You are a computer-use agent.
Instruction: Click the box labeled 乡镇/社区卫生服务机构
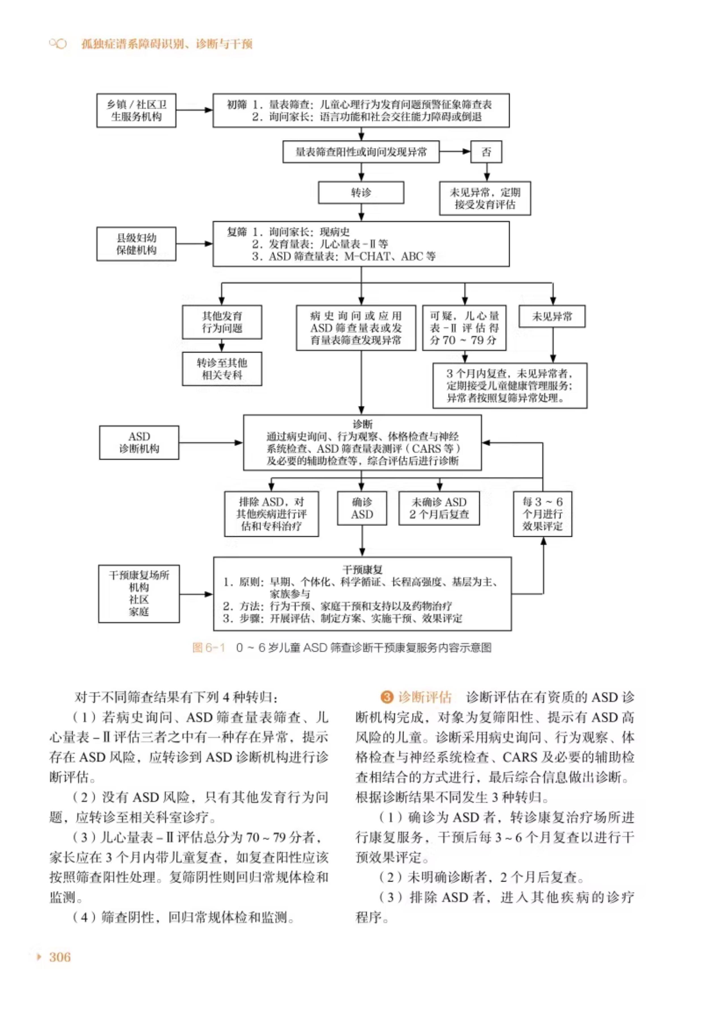click(x=136, y=110)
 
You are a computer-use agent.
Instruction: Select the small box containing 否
click(x=486, y=152)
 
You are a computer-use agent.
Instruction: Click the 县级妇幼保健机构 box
click(x=136, y=244)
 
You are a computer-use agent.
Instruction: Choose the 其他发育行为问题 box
click(x=222, y=322)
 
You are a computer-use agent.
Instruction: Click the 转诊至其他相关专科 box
click(x=222, y=369)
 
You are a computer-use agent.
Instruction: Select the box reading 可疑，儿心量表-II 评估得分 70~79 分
click(x=464, y=328)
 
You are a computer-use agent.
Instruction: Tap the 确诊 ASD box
click(x=362, y=508)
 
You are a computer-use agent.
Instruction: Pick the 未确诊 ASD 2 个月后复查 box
click(x=439, y=508)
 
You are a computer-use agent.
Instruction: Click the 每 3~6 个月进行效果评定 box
click(x=542, y=514)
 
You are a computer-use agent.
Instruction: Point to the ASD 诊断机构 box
click(x=139, y=442)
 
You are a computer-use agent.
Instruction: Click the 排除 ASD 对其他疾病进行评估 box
click(x=271, y=514)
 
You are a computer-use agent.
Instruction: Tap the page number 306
click(x=60, y=957)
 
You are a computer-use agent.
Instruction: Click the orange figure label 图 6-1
click(x=209, y=647)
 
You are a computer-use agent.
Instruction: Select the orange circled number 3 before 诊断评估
click(x=386, y=697)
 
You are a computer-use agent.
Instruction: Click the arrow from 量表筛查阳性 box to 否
click(x=455, y=152)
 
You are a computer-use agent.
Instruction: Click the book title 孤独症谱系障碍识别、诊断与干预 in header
click(x=167, y=44)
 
